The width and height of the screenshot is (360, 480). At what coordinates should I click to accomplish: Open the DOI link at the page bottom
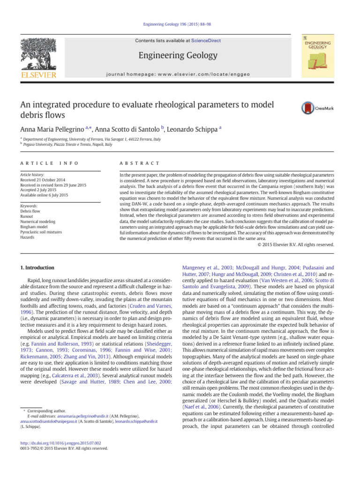coord(64,442)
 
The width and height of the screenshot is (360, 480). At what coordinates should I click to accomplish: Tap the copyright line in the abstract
coord(296,244)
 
